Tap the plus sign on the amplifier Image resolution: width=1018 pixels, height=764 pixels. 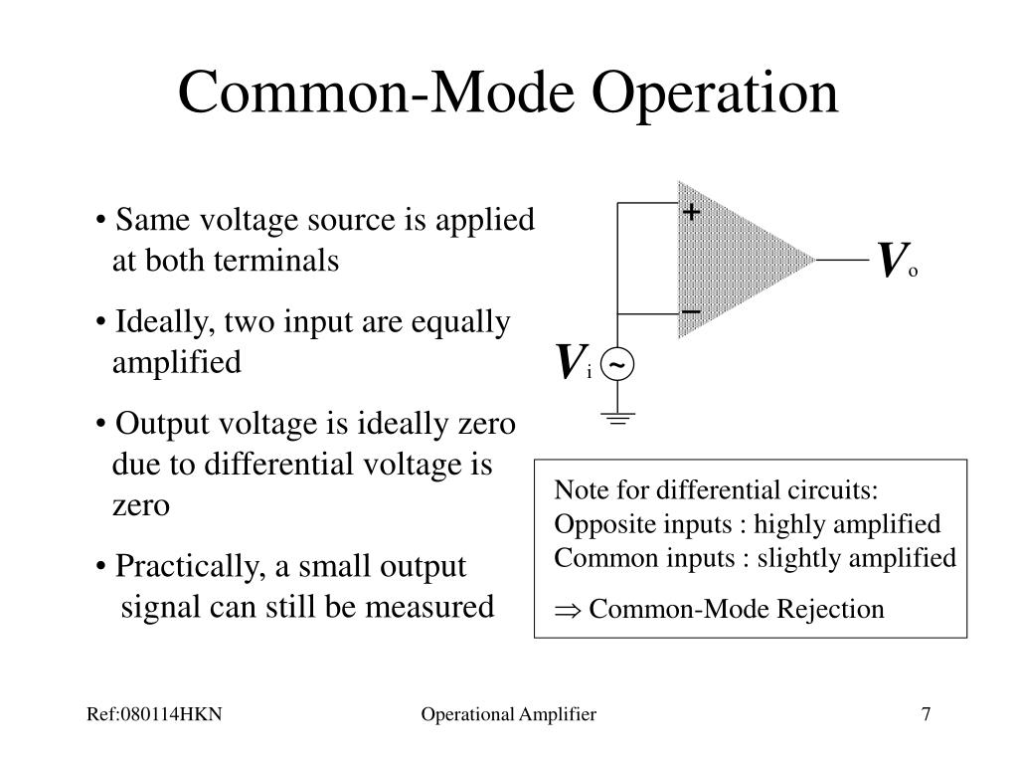coord(691,213)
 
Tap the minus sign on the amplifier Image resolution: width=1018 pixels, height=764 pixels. coord(691,311)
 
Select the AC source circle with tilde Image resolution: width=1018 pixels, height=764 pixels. coord(617,367)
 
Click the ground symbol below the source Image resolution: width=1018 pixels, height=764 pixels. coord(617,419)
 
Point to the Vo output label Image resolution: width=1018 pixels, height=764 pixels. coord(896,262)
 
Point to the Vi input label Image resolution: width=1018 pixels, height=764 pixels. coord(574,364)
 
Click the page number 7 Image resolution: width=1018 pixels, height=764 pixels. coord(927,714)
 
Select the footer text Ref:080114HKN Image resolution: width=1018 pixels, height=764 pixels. coord(152,714)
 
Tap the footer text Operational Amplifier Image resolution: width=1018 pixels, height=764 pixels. coord(508,714)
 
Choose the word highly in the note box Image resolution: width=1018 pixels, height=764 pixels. coord(791,524)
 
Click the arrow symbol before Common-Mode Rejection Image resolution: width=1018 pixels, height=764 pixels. coord(568,609)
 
